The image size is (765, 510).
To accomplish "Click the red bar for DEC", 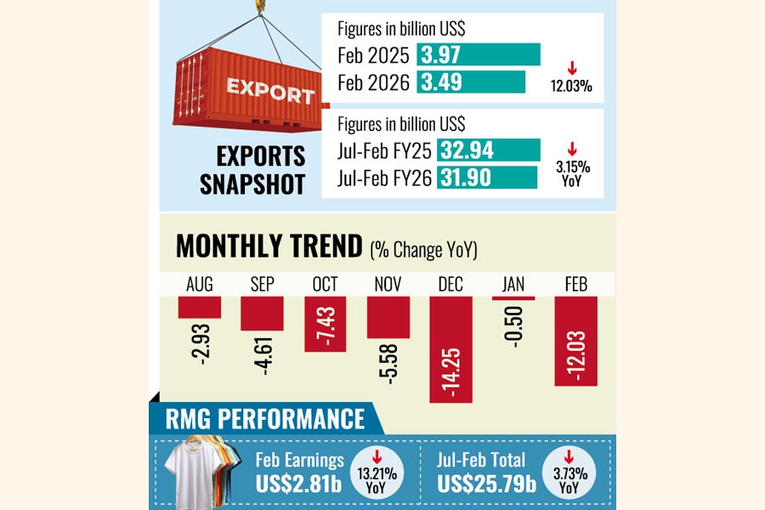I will coord(450,348).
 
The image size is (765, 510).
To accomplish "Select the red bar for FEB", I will coord(575,340).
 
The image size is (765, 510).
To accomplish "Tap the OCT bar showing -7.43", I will coord(326,323).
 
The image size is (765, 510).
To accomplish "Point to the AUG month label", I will coord(199,284).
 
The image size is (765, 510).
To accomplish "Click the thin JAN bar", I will coord(513,298).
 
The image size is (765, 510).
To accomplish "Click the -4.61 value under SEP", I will coord(263,354).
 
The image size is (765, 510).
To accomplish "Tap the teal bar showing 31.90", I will coord(487,177).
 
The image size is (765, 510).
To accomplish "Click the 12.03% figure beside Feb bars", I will coord(571,86).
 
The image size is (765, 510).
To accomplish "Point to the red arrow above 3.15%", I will coord(571,148).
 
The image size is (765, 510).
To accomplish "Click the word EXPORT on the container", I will coord(258,91).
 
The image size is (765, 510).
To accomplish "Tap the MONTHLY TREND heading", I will coord(269,246).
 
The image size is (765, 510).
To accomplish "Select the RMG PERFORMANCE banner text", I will coord(263,418).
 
